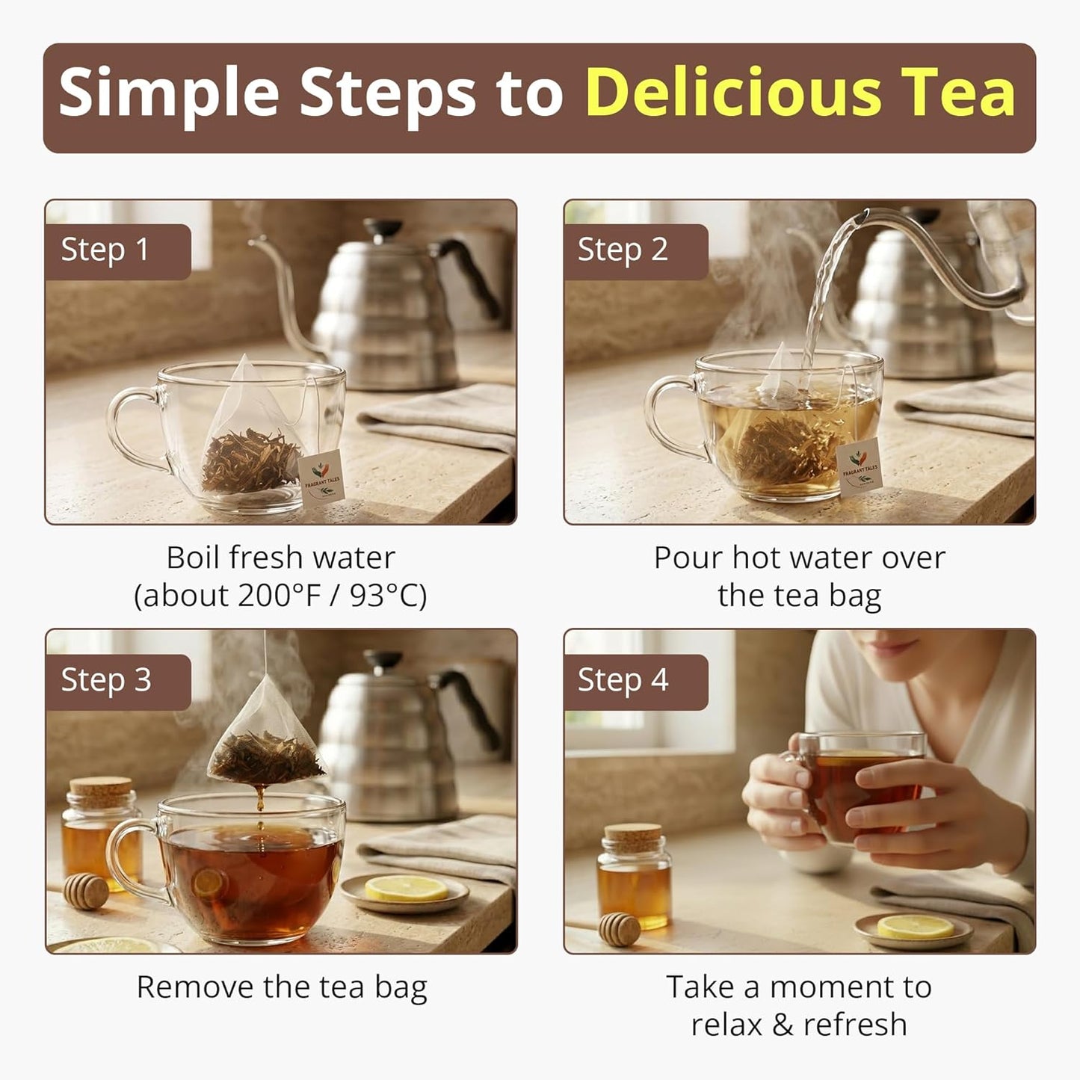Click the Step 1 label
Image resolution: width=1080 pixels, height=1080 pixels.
coord(105,250)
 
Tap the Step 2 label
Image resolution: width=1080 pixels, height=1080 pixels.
coord(623,250)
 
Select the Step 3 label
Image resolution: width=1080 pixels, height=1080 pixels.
coord(106,680)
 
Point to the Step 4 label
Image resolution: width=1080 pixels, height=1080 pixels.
coord(623,680)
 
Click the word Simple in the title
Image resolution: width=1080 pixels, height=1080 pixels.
coord(169,95)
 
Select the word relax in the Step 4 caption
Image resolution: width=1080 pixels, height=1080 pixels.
coord(726,1025)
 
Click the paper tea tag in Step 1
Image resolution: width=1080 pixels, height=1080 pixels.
coord(321,478)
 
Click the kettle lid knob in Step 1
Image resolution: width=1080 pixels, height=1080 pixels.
coord(383,227)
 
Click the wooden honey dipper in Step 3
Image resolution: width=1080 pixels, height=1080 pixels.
coord(86,891)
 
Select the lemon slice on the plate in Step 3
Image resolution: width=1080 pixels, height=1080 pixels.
coord(407,889)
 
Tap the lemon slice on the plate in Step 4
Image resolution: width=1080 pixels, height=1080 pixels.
coord(916,928)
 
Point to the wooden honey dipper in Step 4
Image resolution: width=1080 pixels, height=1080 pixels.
coord(620,930)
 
